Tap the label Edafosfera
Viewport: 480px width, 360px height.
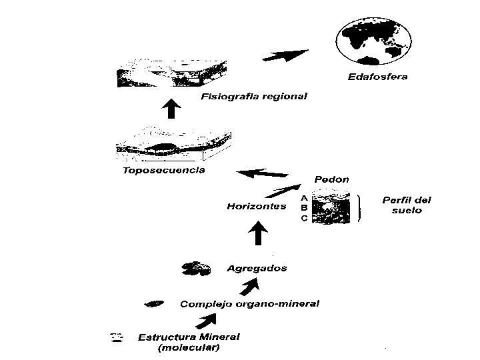(377, 77)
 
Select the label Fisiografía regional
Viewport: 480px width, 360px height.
(253, 97)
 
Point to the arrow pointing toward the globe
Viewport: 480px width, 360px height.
(285, 56)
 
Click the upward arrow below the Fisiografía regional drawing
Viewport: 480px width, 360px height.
(172, 108)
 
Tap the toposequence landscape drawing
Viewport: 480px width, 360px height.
(173, 145)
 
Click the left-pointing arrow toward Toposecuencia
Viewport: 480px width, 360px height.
(259, 175)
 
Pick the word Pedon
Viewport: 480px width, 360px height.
(331, 179)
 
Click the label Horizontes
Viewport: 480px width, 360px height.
(256, 206)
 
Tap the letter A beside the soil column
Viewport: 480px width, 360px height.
(304, 197)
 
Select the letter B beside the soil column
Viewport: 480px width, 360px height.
(304, 208)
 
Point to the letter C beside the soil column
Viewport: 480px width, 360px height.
(304, 219)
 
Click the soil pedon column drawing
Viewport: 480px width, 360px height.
(331, 207)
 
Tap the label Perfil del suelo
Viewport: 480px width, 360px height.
(406, 205)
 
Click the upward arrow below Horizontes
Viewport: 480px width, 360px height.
(257, 233)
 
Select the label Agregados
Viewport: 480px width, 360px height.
(257, 269)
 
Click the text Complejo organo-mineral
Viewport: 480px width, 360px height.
(249, 304)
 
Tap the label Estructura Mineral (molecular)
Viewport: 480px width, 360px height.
(188, 342)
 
